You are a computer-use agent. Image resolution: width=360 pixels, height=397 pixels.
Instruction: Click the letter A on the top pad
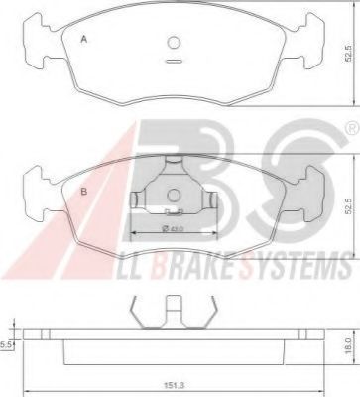coord(84,40)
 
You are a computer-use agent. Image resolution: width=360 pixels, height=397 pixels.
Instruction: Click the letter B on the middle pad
coord(84,192)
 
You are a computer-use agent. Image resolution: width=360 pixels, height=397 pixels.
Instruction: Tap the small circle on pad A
coord(174,42)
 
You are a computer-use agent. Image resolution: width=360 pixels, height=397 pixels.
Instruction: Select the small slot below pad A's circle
coord(174,61)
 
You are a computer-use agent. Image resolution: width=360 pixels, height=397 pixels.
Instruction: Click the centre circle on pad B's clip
coord(174,195)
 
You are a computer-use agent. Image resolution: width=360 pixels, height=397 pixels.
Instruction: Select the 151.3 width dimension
coord(175,385)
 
